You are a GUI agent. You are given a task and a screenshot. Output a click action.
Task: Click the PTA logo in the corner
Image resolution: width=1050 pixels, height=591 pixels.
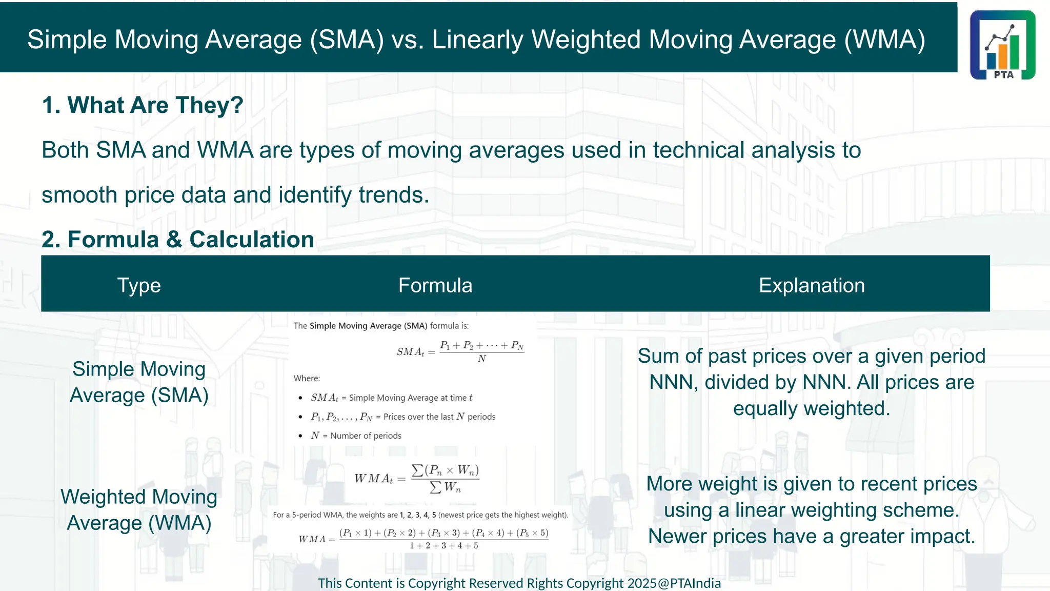coord(1002,45)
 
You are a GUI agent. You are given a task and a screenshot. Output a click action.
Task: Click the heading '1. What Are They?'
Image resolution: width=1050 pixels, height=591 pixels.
coord(143,105)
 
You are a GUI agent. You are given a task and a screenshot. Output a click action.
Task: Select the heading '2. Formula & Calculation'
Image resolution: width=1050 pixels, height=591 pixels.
coord(177,240)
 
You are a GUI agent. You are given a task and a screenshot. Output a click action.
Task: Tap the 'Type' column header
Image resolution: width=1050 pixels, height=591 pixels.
coord(139,285)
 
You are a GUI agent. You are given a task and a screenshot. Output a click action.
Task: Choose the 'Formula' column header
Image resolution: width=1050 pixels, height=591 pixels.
coord(435,285)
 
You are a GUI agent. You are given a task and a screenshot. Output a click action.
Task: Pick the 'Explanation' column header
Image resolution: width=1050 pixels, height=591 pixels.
coord(812,285)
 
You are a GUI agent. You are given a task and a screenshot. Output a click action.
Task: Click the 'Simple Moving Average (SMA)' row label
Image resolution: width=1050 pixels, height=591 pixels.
coord(139,382)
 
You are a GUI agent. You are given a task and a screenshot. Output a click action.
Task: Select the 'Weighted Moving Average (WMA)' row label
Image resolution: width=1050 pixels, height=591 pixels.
coord(139,510)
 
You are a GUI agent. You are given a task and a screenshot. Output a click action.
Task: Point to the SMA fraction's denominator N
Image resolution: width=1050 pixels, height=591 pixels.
coord(481,359)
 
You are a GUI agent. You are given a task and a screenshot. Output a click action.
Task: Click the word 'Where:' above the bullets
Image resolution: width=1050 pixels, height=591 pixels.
coord(307,379)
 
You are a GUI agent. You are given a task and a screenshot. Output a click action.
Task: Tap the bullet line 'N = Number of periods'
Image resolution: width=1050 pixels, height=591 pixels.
coord(356,436)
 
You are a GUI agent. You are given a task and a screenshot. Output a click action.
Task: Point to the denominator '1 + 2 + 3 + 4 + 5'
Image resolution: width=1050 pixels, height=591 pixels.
coord(443,546)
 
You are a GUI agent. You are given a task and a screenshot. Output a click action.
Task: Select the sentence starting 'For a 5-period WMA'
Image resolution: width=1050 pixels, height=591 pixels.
coord(420,515)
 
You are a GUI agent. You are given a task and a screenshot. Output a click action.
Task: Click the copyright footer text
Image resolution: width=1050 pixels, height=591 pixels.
coord(519,583)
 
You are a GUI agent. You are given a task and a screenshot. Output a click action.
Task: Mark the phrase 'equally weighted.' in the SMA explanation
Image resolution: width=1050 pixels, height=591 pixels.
coord(812,409)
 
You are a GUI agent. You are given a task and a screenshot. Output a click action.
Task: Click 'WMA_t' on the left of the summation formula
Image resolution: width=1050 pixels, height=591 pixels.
coord(373,479)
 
